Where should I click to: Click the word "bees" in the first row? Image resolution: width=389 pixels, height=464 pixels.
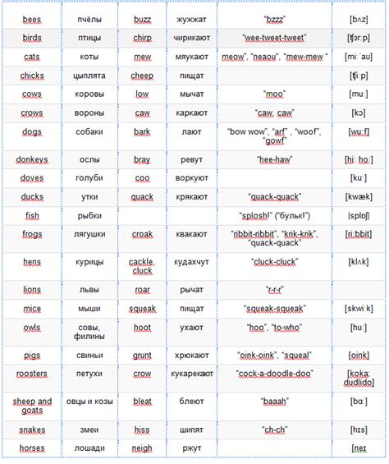pos(32,18)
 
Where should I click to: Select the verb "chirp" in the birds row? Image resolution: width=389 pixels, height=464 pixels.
pos(142,38)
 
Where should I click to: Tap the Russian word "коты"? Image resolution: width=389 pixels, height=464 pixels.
pos(89,57)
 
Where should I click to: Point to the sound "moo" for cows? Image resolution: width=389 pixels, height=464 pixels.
pos(274,94)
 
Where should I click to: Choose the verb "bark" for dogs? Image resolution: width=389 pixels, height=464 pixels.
pos(142,131)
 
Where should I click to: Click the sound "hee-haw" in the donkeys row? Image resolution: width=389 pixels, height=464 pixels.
pos(274,159)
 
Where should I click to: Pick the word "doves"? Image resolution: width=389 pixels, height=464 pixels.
pos(32,178)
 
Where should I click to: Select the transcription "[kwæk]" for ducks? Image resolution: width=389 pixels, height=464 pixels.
pos(358,197)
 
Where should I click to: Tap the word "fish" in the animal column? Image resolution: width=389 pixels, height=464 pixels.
pos(32,216)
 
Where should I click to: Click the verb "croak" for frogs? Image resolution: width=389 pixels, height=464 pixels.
pos(142,235)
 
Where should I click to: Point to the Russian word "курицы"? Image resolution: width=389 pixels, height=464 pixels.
pos(89,262)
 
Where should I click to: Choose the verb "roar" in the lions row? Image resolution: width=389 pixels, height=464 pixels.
pos(142,289)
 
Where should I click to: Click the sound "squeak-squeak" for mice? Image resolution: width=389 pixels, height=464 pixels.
pos(274,309)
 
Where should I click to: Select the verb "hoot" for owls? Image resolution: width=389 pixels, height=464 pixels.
pos(142,328)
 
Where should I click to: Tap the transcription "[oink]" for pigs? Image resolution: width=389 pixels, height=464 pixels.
pos(358,356)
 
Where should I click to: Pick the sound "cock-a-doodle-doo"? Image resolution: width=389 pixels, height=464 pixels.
pos(274,374)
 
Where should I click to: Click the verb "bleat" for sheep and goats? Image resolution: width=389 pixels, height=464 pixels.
pos(142,402)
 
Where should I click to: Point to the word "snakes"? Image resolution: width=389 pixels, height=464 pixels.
pos(32,430)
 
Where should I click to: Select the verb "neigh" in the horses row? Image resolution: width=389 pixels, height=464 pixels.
pos(142,448)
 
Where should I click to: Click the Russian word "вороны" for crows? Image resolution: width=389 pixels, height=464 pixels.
pos(89,113)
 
